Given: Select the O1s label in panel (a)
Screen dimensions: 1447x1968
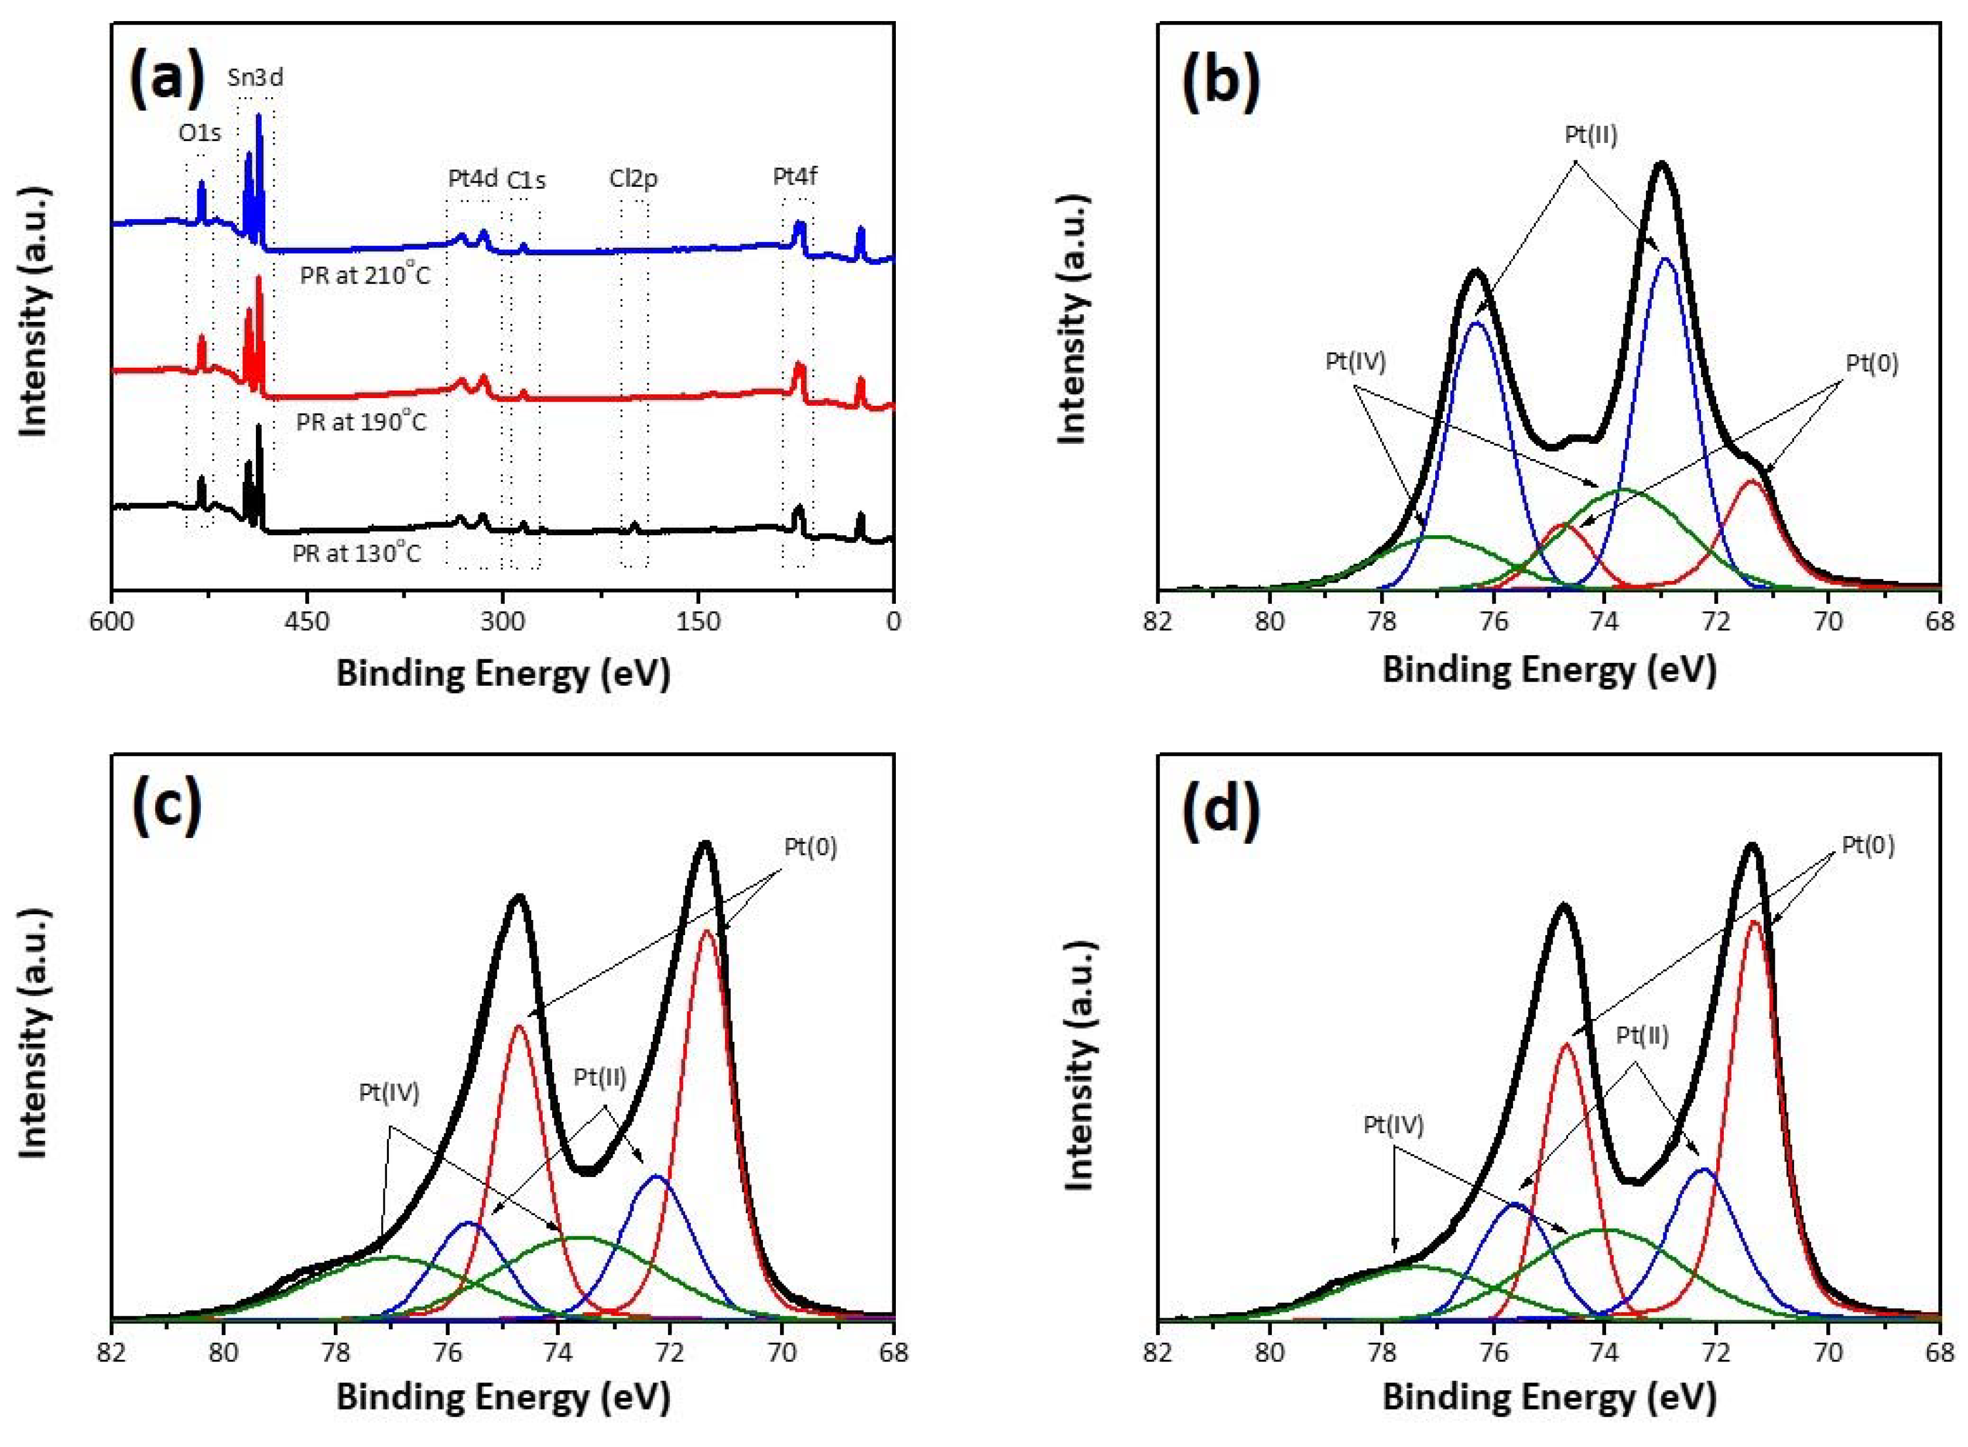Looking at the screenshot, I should [200, 133].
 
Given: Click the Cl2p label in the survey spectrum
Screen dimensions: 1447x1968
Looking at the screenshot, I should [633, 179].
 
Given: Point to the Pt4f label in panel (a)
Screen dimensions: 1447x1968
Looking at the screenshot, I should [795, 176].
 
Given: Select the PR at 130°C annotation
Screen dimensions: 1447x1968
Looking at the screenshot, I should [357, 553].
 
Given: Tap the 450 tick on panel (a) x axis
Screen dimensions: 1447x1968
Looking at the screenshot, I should [307, 621].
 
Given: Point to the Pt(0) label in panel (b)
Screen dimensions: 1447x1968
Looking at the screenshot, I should [1871, 362].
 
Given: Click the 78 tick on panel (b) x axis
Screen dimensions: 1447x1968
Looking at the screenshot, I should [1381, 622].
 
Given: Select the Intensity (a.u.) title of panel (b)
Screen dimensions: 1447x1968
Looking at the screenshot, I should [1072, 320].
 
